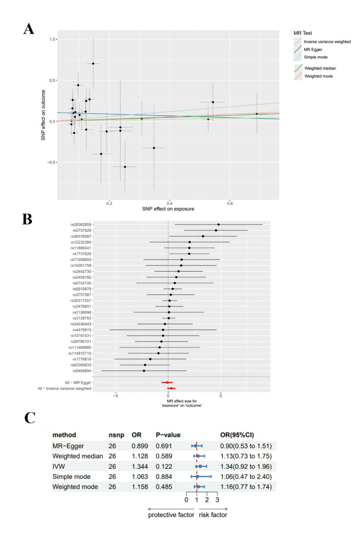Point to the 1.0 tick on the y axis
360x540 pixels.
[x=52, y=39]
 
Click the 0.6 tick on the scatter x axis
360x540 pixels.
[x=230, y=202]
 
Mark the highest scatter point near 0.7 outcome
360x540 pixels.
[x=93, y=63]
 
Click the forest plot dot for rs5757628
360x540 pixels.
[x=216, y=231]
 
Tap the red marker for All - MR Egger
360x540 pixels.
[x=167, y=382]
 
